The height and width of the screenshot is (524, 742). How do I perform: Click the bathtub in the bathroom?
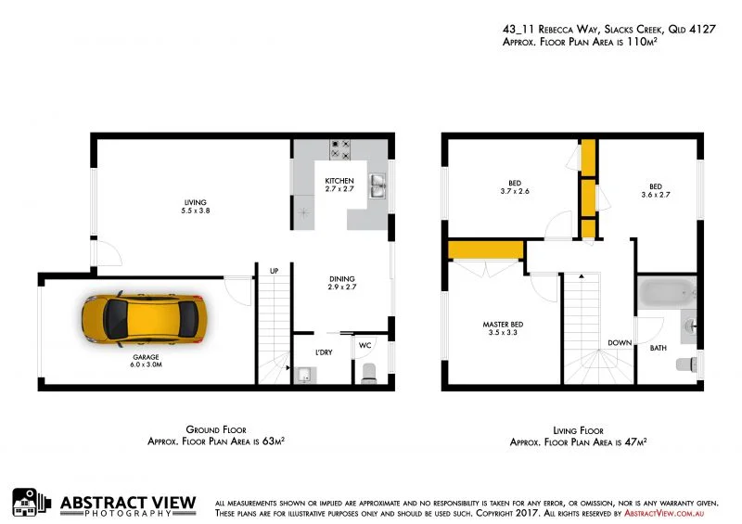tap(668, 295)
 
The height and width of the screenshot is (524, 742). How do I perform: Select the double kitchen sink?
tap(377, 186)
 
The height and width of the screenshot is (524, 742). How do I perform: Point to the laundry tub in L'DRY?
tap(304, 376)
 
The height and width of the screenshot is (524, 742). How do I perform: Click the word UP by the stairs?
tap(274, 271)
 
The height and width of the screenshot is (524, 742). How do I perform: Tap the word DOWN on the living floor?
tap(620, 342)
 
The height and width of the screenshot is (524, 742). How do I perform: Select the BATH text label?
tap(658, 348)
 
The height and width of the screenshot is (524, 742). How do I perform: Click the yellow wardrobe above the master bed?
tap(485, 250)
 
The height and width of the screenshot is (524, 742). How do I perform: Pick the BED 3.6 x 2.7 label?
tap(655, 190)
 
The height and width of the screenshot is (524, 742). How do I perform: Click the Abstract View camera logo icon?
tap(32, 502)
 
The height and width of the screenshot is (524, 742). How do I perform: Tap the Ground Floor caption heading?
tap(215, 430)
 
